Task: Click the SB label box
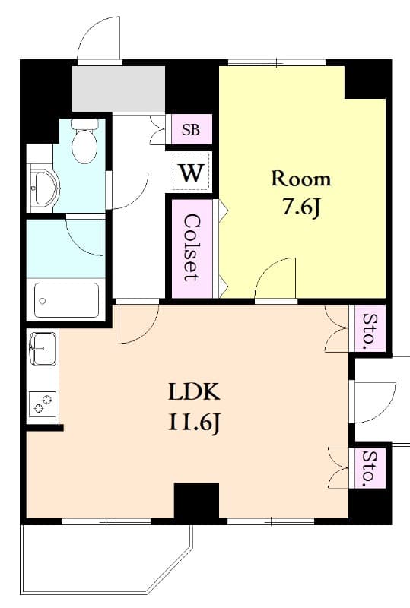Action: (191, 130)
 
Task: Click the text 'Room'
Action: (301, 179)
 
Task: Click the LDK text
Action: (194, 392)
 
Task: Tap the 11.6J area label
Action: (194, 423)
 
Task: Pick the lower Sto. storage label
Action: (370, 468)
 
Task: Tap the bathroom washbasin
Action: (45, 187)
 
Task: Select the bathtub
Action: (67, 301)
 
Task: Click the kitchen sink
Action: (43, 349)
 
